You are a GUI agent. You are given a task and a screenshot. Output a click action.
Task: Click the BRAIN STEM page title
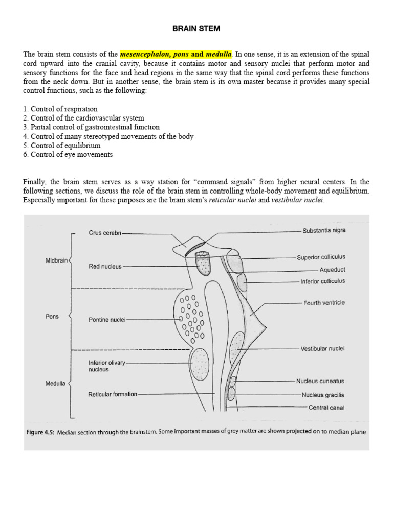click(196, 29)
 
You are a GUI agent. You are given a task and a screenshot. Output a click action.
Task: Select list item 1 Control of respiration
click(60, 109)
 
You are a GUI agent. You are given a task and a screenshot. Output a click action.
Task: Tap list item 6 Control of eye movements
click(68, 155)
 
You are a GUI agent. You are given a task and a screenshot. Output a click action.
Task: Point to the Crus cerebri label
click(105, 233)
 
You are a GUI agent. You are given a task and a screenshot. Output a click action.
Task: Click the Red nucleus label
click(105, 267)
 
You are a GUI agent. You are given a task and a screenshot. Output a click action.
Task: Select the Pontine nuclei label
click(106, 320)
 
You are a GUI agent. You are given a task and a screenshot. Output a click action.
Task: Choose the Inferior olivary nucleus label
click(106, 366)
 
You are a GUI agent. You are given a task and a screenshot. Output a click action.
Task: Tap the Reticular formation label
click(113, 394)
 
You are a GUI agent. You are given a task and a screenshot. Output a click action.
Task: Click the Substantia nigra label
click(324, 231)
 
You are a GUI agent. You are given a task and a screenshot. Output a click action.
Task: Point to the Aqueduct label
click(332, 270)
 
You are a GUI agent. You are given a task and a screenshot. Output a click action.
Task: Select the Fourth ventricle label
click(324, 303)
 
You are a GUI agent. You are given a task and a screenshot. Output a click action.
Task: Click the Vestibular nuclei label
click(322, 349)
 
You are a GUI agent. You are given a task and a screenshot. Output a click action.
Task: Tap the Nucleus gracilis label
click(323, 395)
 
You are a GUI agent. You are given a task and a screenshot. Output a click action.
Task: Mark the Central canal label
click(326, 408)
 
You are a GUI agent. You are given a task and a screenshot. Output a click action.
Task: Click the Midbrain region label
click(57, 260)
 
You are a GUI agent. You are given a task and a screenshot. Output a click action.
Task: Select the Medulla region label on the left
click(55, 383)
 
